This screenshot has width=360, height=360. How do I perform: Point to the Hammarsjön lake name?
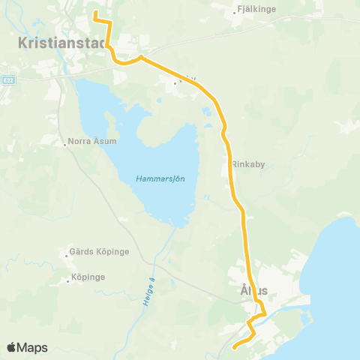coord(160,178)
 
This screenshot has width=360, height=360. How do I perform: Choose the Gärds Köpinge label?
coord(99,252)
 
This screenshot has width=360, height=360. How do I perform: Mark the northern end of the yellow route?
coord(94,13)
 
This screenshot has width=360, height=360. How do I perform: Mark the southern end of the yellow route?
coord(234,346)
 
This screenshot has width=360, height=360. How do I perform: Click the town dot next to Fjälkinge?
coord(235,11)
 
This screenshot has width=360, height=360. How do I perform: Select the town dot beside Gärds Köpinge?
coord(65,252)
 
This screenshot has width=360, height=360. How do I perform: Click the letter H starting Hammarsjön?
coord(139,178)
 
